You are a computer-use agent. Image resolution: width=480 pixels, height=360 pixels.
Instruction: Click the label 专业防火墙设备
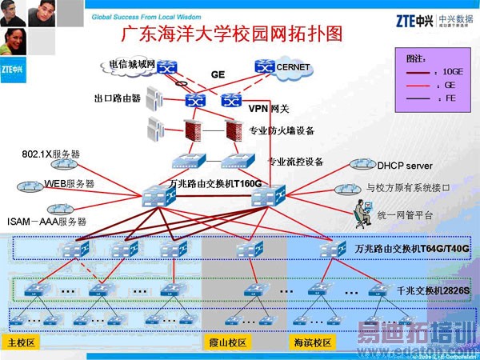[x=282, y=130]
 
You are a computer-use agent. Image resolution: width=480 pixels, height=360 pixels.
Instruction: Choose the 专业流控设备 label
[x=295, y=162]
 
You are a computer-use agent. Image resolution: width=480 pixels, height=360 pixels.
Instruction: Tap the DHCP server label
[x=405, y=166]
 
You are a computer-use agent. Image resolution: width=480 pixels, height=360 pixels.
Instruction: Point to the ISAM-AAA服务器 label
[x=46, y=221]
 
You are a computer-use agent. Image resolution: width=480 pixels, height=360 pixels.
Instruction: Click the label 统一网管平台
[x=404, y=215]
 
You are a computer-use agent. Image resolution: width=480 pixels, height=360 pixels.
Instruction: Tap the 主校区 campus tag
[x=21, y=342]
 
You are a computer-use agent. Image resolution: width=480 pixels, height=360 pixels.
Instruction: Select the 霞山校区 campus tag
[x=226, y=342]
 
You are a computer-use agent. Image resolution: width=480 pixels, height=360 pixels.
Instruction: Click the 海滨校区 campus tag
[x=311, y=342]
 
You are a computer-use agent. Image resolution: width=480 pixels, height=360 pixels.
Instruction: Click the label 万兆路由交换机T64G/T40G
[x=412, y=249]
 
